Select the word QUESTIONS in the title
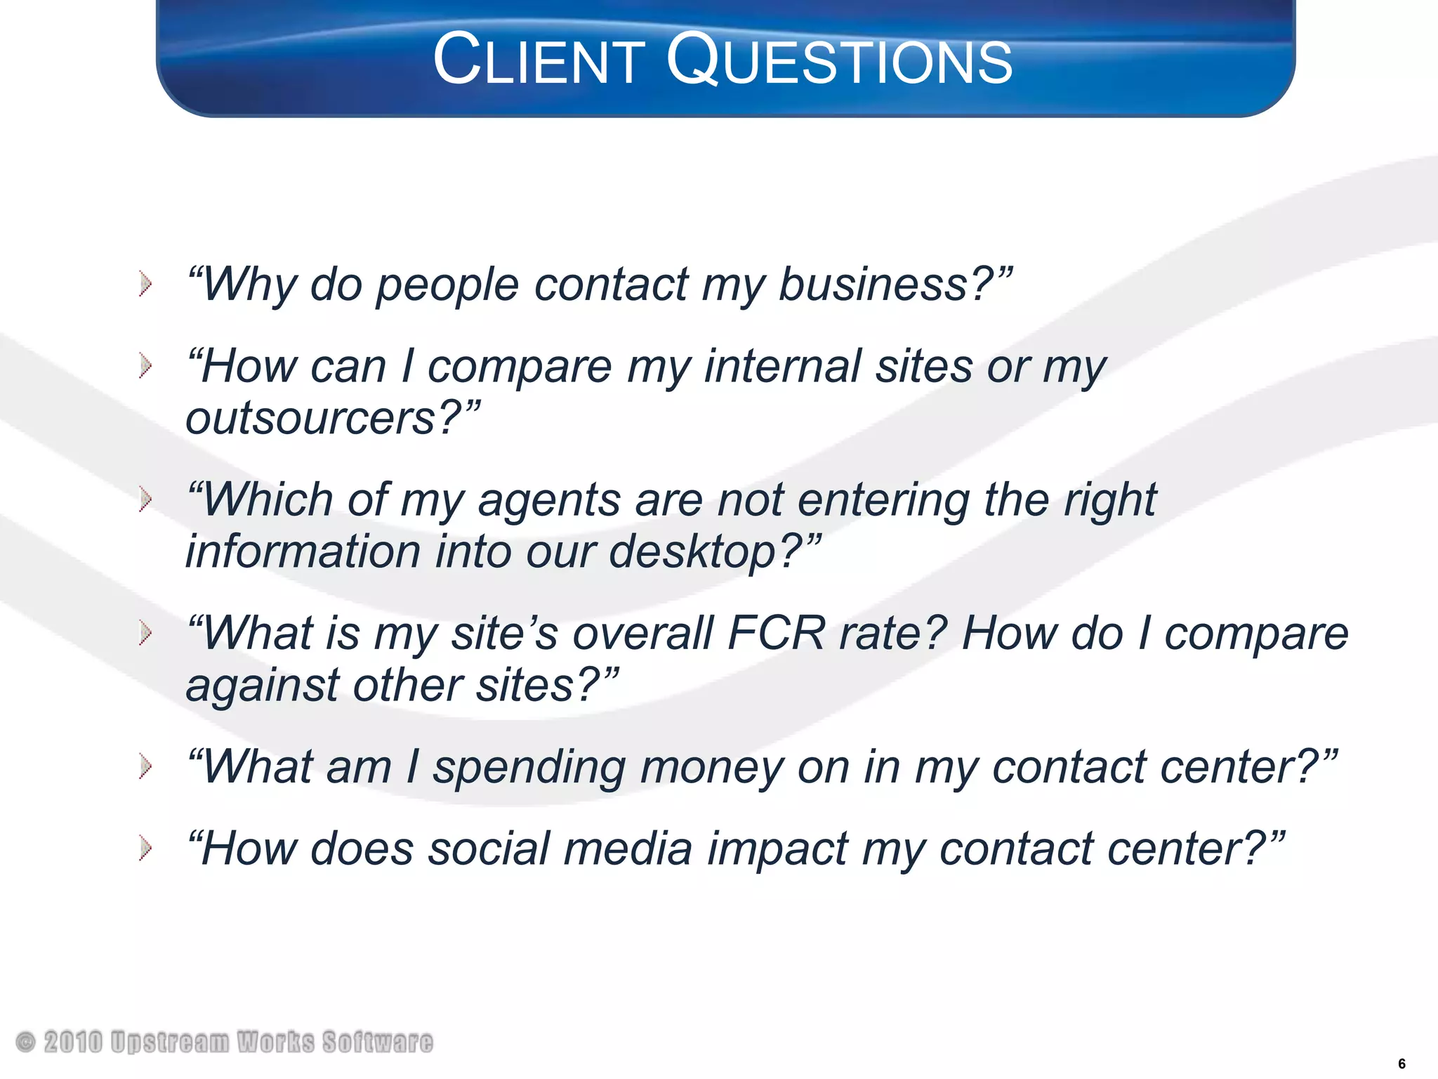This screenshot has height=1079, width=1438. click(839, 61)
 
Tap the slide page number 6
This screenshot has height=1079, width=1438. click(1401, 1064)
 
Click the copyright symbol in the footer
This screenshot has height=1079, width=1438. click(25, 1042)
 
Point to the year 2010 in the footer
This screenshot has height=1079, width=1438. click(73, 1042)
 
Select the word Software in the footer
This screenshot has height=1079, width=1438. click(378, 1042)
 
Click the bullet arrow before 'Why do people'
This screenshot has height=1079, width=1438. click(145, 285)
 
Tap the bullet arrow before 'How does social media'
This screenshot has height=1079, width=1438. click(145, 848)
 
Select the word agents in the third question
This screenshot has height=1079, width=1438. click(549, 500)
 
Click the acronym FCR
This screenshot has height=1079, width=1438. click(777, 634)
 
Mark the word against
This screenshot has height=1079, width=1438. click(261, 686)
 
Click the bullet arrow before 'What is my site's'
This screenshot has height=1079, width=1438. click(145, 633)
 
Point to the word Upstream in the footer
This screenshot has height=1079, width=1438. click(170, 1042)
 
